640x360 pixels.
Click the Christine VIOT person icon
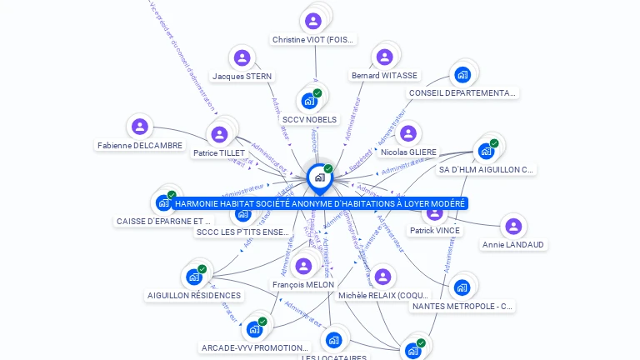313,21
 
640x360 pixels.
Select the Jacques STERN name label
242,76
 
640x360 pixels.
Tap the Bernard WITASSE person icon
384,57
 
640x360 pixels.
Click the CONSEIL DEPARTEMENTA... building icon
462,75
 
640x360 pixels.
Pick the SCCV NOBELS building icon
309,102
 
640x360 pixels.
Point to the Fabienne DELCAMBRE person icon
140,127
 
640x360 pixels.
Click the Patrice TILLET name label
219,153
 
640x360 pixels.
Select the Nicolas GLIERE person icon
408,133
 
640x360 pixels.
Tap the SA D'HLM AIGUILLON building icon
486,152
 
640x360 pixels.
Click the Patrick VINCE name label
435,230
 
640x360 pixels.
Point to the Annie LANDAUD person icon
513,226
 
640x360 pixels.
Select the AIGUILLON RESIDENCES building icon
194,277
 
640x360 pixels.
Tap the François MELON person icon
303,266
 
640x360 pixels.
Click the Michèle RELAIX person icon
383,277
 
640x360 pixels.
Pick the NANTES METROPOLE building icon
462,287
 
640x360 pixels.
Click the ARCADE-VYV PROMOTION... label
255,347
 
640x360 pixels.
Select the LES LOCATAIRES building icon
334,340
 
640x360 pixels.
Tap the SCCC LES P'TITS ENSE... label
242,232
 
